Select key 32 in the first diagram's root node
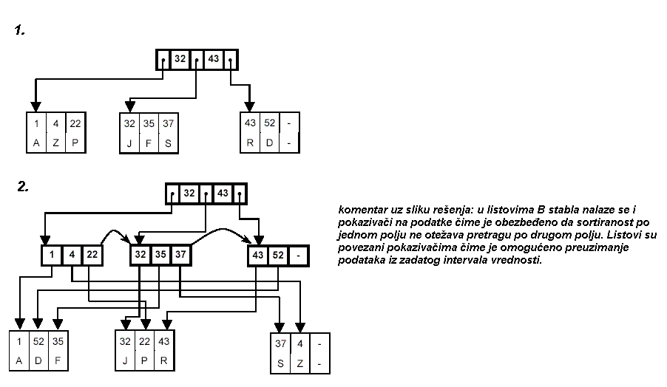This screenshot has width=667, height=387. [x=179, y=59]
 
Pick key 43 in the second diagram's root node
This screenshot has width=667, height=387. [x=221, y=193]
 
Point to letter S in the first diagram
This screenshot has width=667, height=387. [x=168, y=143]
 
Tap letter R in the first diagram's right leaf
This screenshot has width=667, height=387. [x=251, y=143]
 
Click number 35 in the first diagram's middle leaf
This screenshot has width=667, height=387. [x=149, y=123]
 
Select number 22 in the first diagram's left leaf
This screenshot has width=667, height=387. [x=75, y=123]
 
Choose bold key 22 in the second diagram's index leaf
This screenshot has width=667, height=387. [x=91, y=256]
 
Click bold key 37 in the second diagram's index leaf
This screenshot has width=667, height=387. [x=180, y=256]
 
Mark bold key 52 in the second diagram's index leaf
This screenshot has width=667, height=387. [x=277, y=256]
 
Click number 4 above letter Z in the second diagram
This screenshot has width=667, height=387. [x=300, y=343]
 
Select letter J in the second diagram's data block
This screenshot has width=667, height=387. [x=126, y=362]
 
